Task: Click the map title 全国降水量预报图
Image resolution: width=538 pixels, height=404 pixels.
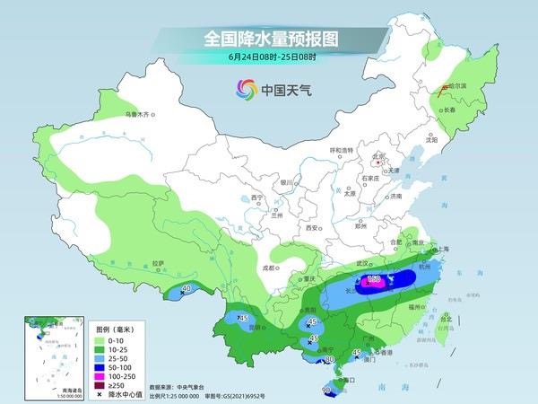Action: tap(268, 39)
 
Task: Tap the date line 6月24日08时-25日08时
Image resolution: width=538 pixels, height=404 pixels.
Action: tap(268, 57)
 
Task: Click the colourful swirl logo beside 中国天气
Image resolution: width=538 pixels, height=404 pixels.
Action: tap(246, 89)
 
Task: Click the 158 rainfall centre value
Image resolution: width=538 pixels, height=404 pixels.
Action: tap(376, 280)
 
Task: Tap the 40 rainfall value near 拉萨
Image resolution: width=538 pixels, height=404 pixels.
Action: tap(187, 289)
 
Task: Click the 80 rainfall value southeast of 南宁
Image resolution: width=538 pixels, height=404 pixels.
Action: tap(328, 359)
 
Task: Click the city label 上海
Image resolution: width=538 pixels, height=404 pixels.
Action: tap(438, 249)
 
